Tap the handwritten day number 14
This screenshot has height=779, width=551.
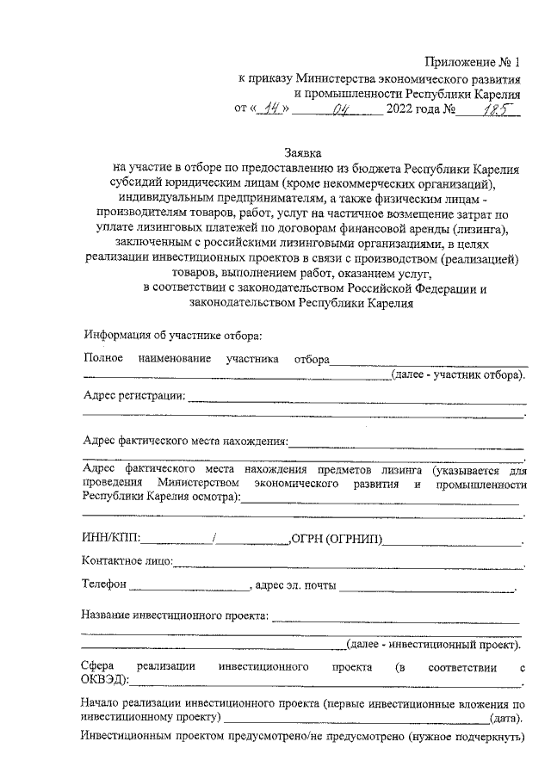[x=274, y=109]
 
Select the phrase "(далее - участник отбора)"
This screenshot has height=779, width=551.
[x=457, y=374]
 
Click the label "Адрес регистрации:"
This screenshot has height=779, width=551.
[x=133, y=395]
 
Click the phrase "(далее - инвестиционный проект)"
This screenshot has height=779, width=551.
[x=435, y=644]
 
